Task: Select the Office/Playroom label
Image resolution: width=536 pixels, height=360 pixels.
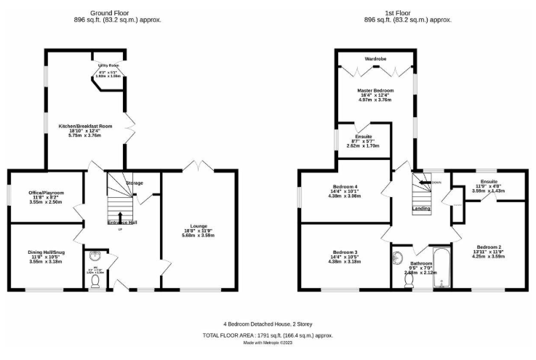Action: click(47, 193)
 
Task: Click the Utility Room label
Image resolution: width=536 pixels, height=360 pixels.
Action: click(109, 65)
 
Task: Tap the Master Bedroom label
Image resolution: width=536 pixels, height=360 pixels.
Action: click(376, 90)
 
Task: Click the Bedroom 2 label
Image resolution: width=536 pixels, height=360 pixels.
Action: click(489, 247)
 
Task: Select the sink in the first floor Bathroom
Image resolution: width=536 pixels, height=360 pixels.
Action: click(397, 257)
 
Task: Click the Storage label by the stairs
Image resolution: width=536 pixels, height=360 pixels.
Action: click(134, 183)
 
